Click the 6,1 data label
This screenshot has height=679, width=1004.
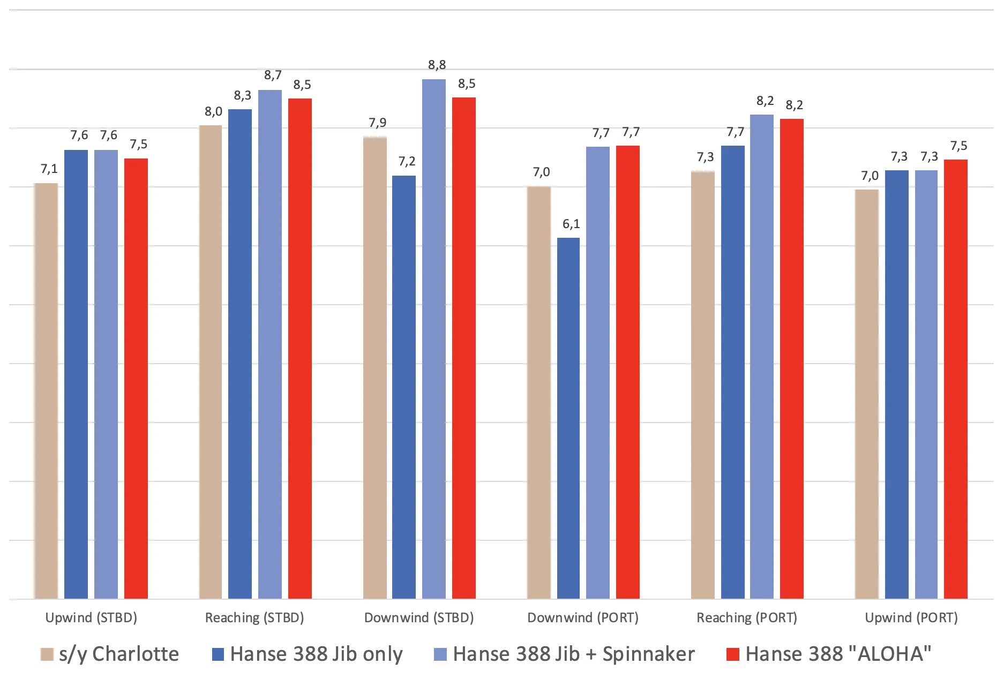click(x=571, y=224)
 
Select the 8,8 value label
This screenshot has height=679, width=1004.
click(x=437, y=65)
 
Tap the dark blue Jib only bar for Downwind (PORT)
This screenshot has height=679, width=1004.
click(x=568, y=418)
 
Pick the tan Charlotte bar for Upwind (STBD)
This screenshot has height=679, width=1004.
click(x=46, y=391)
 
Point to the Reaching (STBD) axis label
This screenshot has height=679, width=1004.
click(x=254, y=618)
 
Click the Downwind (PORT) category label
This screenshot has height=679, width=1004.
click(x=583, y=618)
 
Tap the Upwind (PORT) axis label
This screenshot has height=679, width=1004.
click(x=911, y=618)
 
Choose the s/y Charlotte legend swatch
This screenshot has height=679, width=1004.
click(x=47, y=654)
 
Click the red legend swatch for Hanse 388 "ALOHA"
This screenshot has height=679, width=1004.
click(x=732, y=654)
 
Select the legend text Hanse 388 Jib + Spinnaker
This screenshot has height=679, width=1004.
click(x=574, y=654)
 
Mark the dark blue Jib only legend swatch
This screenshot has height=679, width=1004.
click(x=218, y=654)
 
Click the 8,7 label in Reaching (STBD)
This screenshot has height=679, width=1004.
click(x=273, y=76)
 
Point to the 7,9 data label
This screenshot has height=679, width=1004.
click(x=377, y=123)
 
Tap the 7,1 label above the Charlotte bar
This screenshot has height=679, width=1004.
click(x=49, y=169)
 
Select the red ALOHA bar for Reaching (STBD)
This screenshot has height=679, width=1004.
click(x=300, y=348)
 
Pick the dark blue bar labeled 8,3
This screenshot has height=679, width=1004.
click(x=240, y=353)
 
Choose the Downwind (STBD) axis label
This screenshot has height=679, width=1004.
click(x=419, y=618)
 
